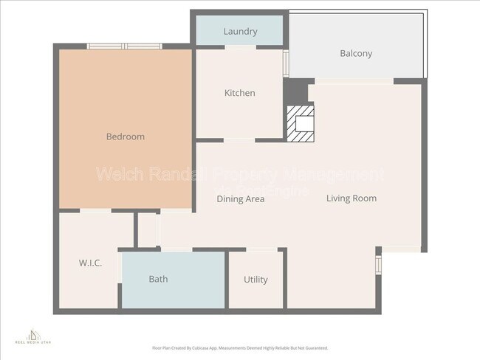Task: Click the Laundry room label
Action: point(240,32)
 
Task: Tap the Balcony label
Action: point(356,53)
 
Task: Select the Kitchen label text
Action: point(240,93)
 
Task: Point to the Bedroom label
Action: point(126,136)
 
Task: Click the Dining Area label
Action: point(241,198)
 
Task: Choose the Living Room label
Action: point(352,198)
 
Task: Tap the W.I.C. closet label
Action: point(90,263)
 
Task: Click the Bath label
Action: point(158,279)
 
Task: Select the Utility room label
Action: point(256,280)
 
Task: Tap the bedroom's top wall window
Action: point(124,46)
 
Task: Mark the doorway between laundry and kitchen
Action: point(240,48)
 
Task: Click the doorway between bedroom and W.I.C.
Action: point(95,211)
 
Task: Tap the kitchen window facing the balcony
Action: point(286,63)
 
